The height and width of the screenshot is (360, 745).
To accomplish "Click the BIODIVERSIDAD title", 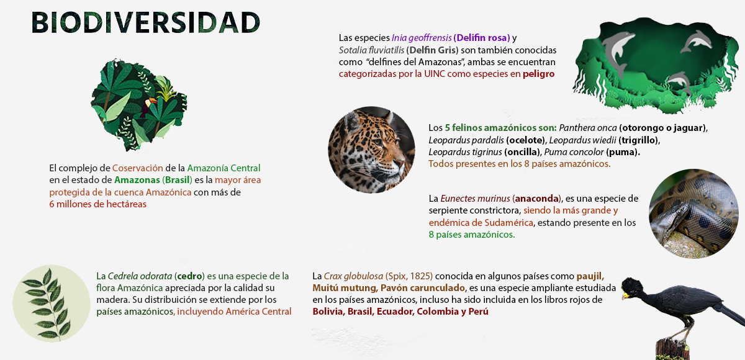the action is [146, 22].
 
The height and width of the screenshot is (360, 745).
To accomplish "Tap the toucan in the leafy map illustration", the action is [148, 106].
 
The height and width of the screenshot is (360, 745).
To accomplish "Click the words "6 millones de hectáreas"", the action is [98, 204].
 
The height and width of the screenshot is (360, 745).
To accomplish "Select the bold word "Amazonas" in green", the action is [137, 180].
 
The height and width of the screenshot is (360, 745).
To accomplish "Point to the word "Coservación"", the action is [138, 168].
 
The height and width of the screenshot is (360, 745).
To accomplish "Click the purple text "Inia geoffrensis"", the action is [422, 38].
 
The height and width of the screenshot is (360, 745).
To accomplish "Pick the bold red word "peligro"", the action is [539, 74].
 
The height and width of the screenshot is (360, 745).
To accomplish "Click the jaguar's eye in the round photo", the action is [377, 142].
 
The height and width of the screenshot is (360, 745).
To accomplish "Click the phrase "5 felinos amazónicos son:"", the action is [500, 128].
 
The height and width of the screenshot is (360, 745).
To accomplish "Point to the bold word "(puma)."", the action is [623, 152].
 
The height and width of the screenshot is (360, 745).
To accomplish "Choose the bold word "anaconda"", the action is [536, 199].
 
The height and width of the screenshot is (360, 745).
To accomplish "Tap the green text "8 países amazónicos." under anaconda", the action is [472, 235].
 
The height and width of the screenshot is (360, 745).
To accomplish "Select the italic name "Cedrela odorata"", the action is [140, 276].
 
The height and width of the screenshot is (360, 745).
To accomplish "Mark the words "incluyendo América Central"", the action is [234, 312].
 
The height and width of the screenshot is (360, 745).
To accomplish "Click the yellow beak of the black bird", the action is [625, 295].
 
